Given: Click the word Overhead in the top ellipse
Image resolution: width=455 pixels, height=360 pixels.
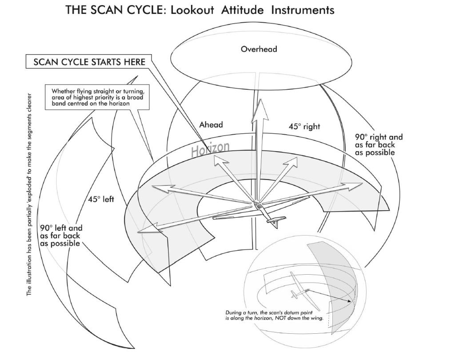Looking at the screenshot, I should [x=259, y=49].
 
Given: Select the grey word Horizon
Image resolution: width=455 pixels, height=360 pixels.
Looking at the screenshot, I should [x=211, y=149].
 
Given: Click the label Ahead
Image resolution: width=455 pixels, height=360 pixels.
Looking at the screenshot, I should [x=211, y=125].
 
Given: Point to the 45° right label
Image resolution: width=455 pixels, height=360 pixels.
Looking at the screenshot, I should [x=304, y=127].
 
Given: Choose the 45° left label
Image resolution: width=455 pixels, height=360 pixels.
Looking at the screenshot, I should [x=100, y=200].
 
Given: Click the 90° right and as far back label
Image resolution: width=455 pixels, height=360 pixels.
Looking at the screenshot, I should [x=379, y=145].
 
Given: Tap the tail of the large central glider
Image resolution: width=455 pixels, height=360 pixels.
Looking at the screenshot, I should [x=275, y=221].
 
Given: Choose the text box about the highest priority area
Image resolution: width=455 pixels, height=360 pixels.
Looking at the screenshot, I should [x=97, y=97].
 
